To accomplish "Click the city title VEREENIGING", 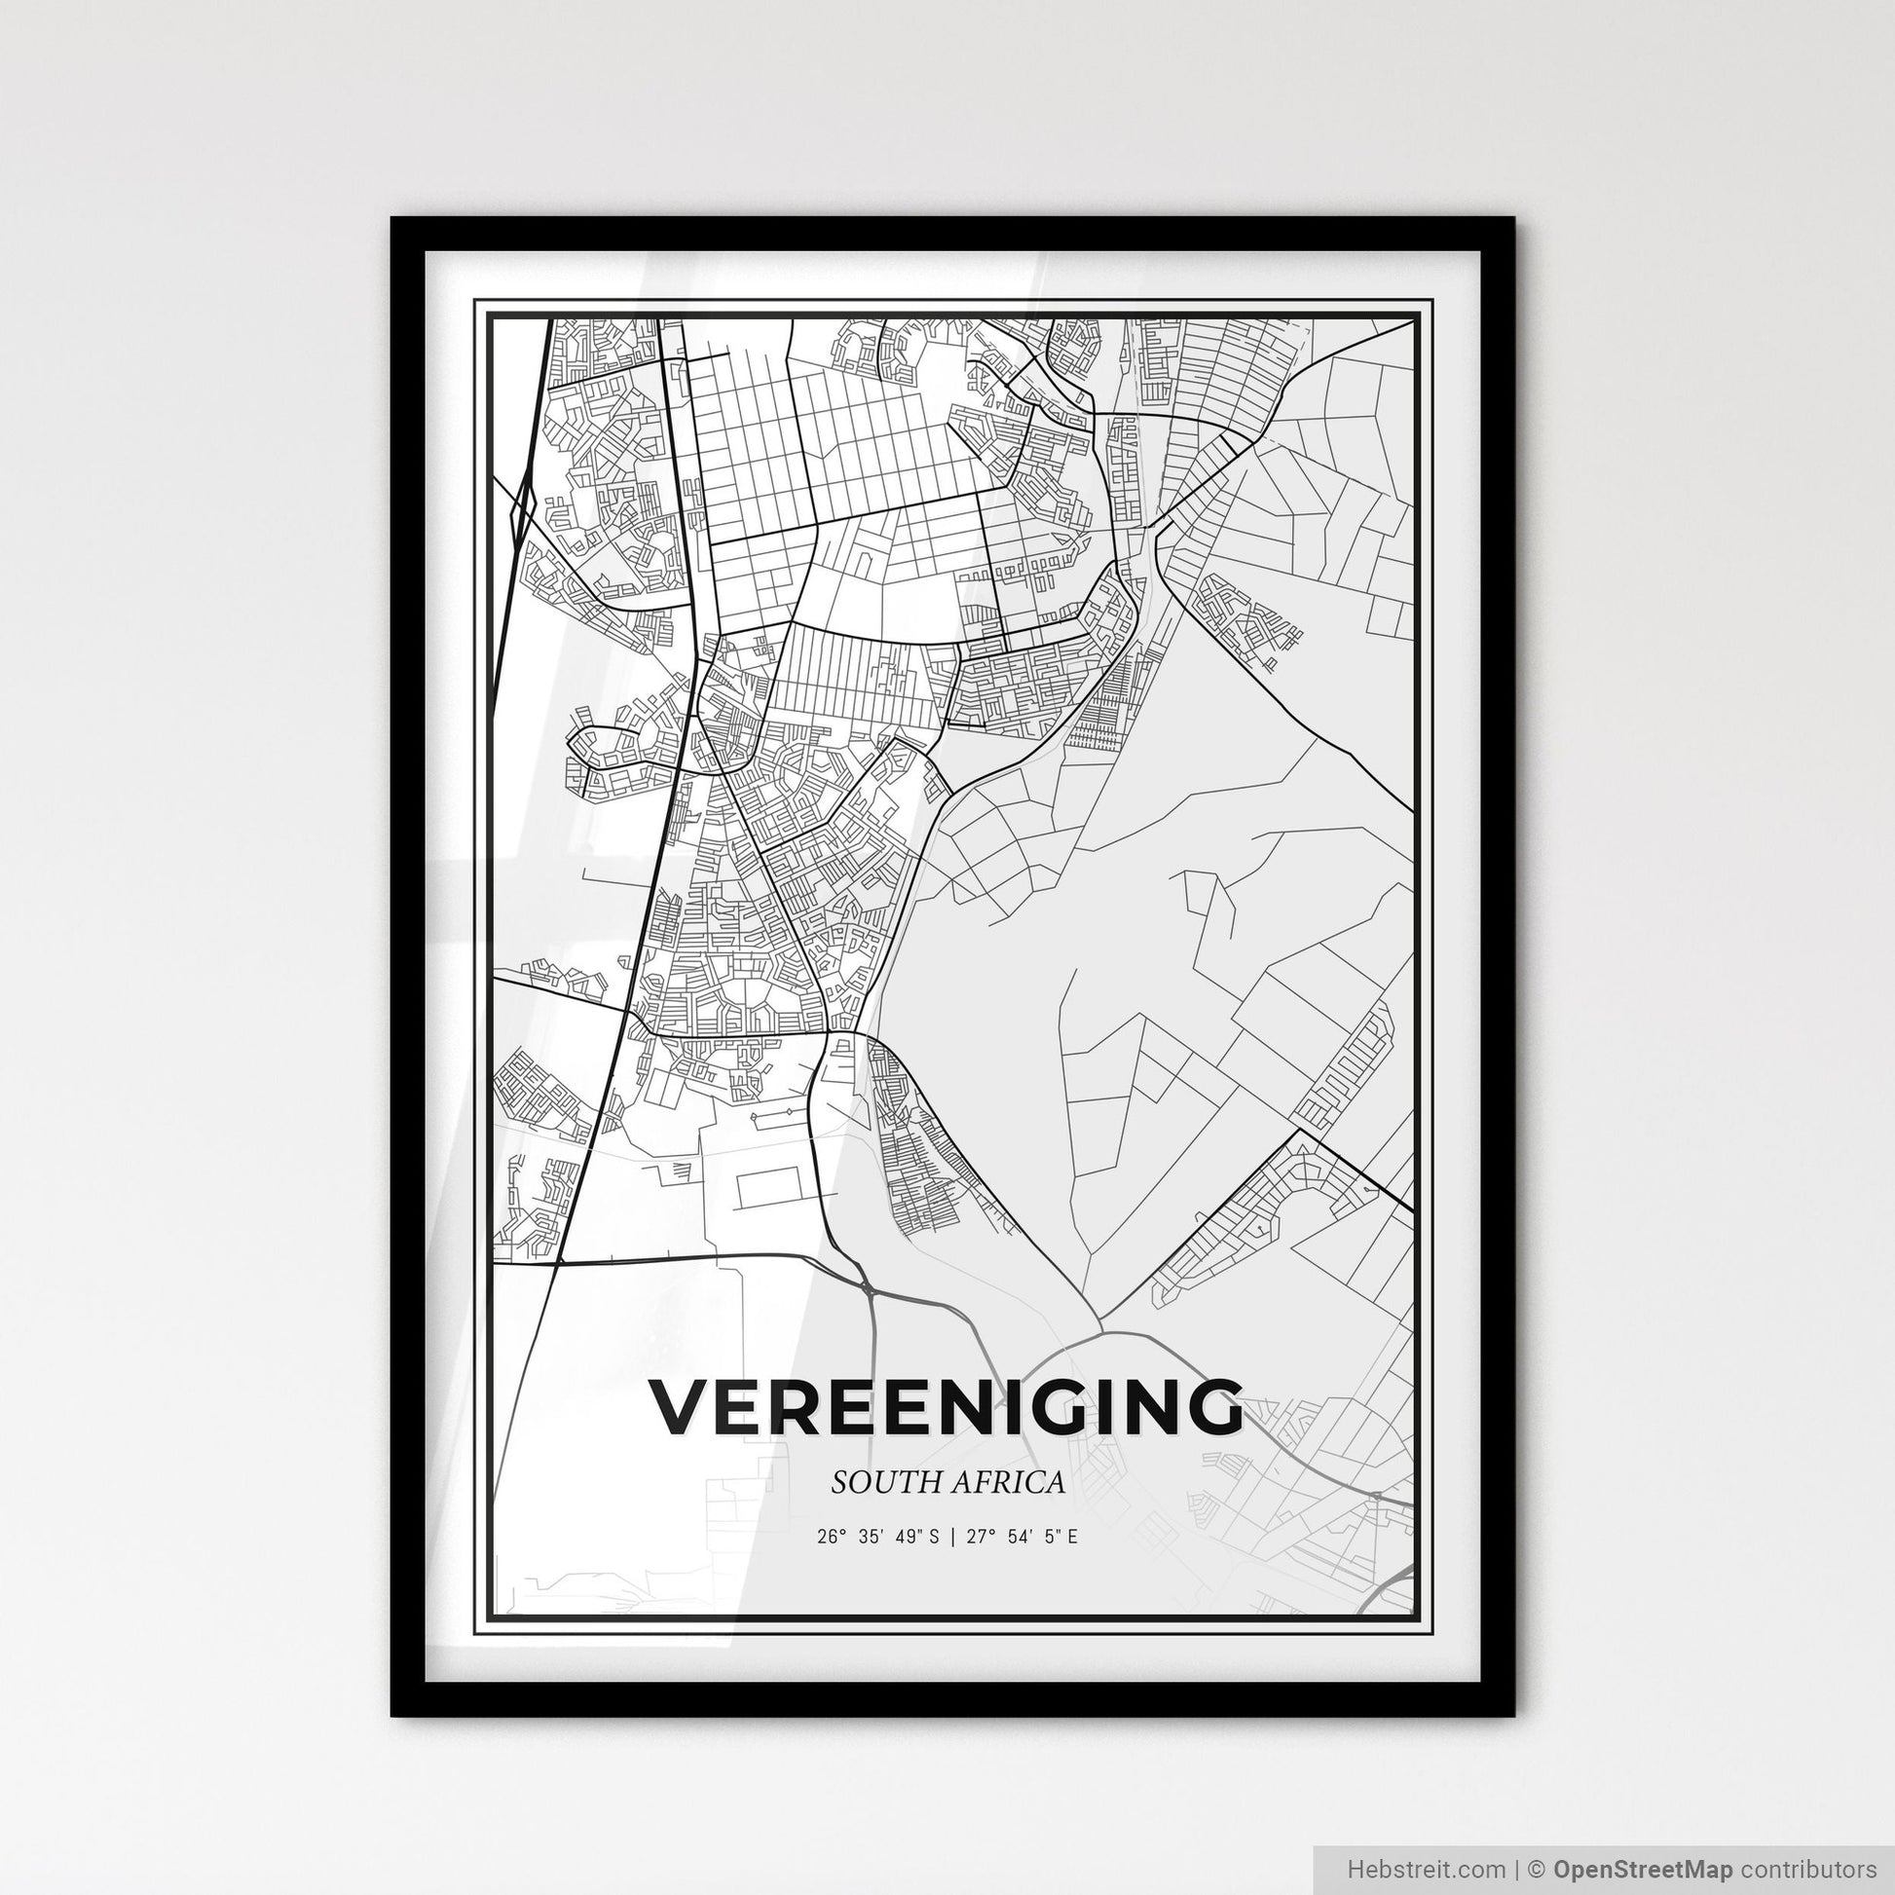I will pyautogui.click(x=946, y=1407).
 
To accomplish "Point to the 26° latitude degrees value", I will pyautogui.click(x=829, y=1537).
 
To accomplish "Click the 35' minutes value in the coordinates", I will pyautogui.click(x=872, y=1537).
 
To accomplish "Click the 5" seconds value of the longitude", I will pyautogui.click(x=1064, y=1537).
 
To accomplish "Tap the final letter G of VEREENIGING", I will pyautogui.click(x=1212, y=1407).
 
